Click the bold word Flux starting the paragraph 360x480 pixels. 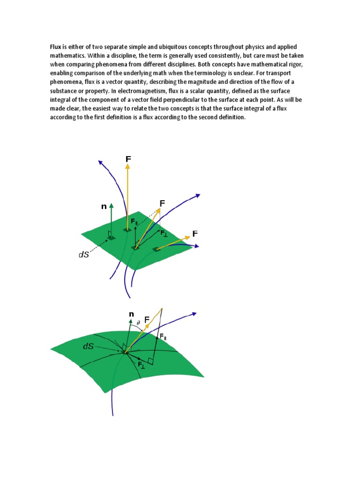pos(56,47)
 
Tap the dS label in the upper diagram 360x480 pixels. pos(83,255)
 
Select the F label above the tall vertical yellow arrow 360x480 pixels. pos(128,159)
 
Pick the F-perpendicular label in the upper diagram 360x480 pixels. pos(163,233)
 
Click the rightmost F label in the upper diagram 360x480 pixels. pos(195,233)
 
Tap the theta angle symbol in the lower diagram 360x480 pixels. pos(138,322)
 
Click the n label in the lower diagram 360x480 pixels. pos(131,314)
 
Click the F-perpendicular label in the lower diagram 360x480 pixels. pos(141,364)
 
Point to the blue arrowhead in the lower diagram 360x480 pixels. pos(193,314)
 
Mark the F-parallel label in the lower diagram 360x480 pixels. pos(162,336)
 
